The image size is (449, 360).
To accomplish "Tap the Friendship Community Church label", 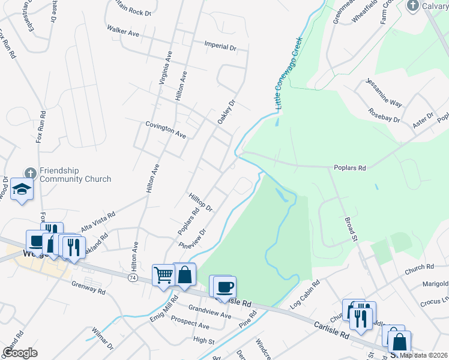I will click(x=75, y=175).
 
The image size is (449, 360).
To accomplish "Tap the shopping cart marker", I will click(x=163, y=275).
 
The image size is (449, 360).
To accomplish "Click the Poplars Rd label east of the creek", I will click(x=349, y=169).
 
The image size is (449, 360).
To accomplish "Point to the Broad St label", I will click(x=351, y=227).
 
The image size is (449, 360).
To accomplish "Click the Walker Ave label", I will click(x=122, y=31).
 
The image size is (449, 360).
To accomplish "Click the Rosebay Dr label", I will click(x=384, y=115).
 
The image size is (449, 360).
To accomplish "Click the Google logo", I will click(x=20, y=352).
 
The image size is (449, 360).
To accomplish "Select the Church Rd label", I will click(x=418, y=271).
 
